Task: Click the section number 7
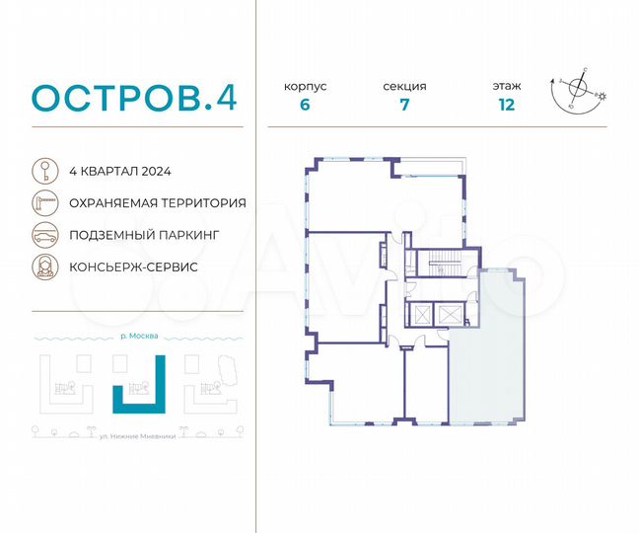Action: [x=404, y=107]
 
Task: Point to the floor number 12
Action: [x=508, y=107]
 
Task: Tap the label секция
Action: [x=404, y=86]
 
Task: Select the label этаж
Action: [x=508, y=86]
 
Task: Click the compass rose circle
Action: [x=581, y=92]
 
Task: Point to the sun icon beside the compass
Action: [x=603, y=96]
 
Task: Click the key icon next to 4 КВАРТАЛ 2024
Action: [x=44, y=170]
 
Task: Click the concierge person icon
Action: [x=44, y=266]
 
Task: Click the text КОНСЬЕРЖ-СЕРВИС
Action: [x=133, y=267]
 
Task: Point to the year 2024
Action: [x=157, y=171]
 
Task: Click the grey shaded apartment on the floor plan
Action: [x=488, y=345]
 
